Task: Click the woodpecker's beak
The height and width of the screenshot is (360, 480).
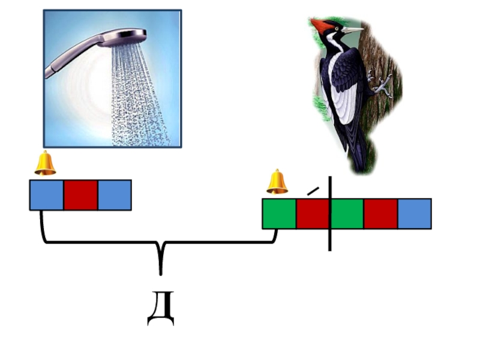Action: tap(353, 29)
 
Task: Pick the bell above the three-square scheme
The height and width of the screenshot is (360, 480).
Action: tap(45, 163)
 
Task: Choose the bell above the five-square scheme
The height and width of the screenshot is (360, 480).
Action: tap(277, 182)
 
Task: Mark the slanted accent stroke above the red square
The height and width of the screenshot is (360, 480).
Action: tap(313, 190)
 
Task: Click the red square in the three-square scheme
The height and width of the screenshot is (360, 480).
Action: tap(80, 195)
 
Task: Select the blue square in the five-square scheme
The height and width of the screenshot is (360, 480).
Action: tap(414, 214)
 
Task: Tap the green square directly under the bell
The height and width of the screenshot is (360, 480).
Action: tap(279, 214)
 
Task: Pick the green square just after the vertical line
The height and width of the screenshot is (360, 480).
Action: tap(347, 214)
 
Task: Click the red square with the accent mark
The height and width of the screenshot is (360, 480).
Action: tap(313, 214)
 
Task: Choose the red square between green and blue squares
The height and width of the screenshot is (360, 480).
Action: tap(380, 214)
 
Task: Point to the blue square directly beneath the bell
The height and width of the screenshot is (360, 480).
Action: tap(47, 195)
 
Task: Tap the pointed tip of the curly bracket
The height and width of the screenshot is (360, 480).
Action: tap(160, 273)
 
